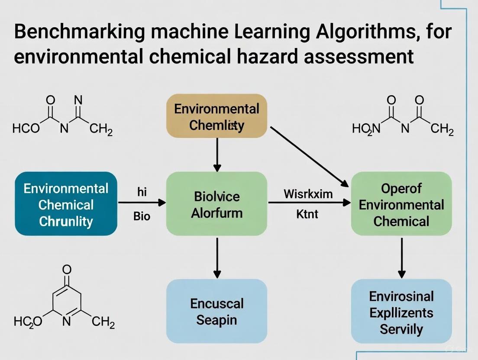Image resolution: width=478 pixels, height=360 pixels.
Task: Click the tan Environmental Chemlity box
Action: click(x=217, y=116)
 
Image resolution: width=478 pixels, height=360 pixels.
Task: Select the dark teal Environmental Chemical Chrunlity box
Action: click(x=66, y=204)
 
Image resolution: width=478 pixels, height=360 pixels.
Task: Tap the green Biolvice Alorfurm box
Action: click(x=217, y=204)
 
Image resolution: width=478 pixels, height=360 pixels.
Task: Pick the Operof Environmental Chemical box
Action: click(x=401, y=204)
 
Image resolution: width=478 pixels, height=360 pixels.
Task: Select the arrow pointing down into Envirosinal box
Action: click(x=401, y=257)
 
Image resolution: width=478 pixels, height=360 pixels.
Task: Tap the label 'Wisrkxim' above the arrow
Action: click(x=308, y=193)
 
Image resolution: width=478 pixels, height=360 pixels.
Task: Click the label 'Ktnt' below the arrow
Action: click(x=307, y=213)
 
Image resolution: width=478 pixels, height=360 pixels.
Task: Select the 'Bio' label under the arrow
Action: click(x=142, y=215)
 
